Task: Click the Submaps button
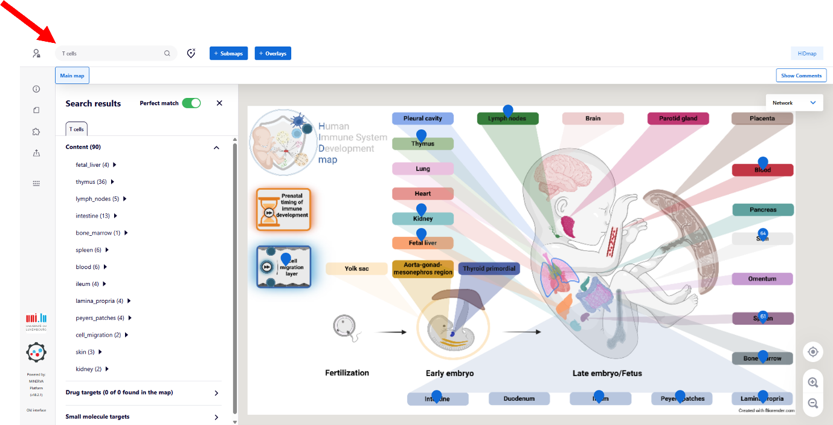(228, 54)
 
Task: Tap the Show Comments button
(801, 76)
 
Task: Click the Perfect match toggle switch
(191, 103)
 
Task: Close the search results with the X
(219, 103)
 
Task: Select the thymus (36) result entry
(91, 182)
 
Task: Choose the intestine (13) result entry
(92, 216)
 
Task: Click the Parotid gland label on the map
(678, 118)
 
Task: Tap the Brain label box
(593, 118)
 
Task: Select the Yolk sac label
(356, 268)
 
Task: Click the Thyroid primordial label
(489, 268)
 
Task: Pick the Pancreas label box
(762, 210)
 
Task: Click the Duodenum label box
(519, 399)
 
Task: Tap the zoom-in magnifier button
(813, 382)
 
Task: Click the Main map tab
(72, 76)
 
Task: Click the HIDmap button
(806, 54)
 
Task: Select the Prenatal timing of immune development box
(283, 209)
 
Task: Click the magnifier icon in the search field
(167, 54)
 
